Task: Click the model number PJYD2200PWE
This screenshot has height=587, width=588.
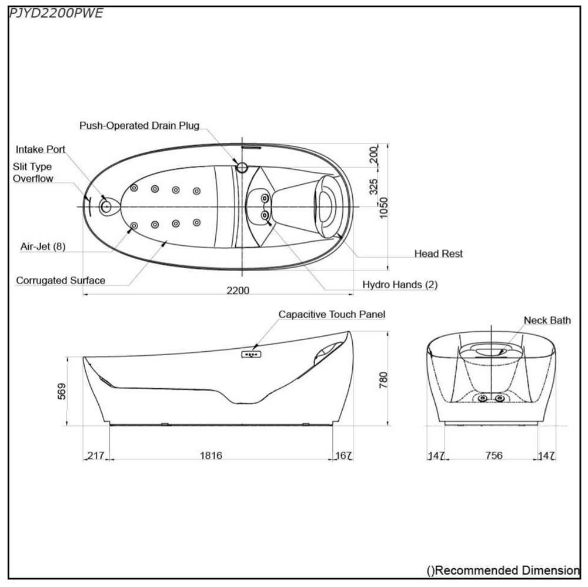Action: [x=55, y=14]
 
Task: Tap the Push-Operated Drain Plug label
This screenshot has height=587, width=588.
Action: [x=139, y=125]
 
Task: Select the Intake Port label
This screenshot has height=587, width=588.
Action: [x=40, y=149]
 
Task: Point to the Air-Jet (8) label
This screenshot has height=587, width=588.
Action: [x=43, y=246]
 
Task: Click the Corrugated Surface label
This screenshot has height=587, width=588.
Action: [x=61, y=281]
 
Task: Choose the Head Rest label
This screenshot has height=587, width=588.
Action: [x=439, y=254]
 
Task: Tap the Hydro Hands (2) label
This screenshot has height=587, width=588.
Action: [x=400, y=285]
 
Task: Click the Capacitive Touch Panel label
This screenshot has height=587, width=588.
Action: [x=332, y=314]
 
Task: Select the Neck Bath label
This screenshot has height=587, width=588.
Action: [x=547, y=321]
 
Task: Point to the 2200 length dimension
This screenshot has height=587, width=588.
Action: [x=238, y=291]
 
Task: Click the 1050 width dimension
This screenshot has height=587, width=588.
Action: [x=383, y=208]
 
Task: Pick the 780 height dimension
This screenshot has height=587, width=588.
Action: [x=383, y=380]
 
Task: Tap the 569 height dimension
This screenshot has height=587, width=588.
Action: [x=62, y=391]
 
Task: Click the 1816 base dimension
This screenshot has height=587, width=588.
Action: [x=211, y=455]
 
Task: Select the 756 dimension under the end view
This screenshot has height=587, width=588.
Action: [x=493, y=455]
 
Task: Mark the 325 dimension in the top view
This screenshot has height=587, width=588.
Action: [x=373, y=186]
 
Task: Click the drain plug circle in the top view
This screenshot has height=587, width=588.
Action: [x=242, y=167]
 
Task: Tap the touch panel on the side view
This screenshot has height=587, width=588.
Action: [x=251, y=354]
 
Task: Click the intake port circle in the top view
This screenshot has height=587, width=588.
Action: [x=106, y=206]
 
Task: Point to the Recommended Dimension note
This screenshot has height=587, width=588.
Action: [x=503, y=571]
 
